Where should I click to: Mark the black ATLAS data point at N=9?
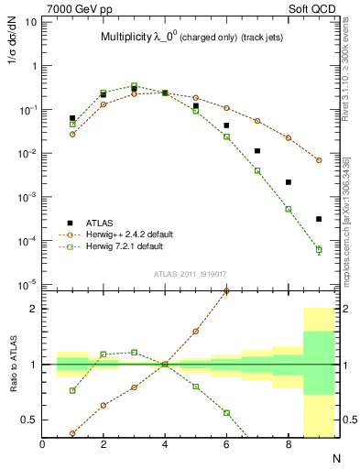pyautogui.click(x=319, y=219)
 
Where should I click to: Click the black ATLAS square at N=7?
pyautogui.click(x=257, y=150)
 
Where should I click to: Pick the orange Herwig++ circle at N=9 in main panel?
pyautogui.click(x=319, y=160)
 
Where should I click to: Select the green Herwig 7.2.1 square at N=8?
pyautogui.click(x=288, y=209)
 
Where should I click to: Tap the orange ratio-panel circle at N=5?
pyautogui.click(x=196, y=331)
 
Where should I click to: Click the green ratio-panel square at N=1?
pyautogui.click(x=72, y=390)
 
